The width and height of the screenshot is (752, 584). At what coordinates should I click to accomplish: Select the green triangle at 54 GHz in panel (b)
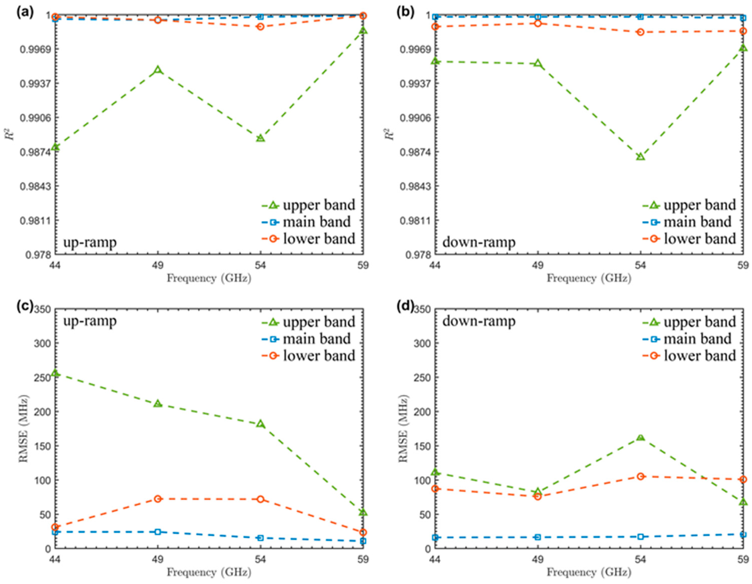point(640,157)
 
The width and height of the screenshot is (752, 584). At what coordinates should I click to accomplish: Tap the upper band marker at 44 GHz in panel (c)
point(55,373)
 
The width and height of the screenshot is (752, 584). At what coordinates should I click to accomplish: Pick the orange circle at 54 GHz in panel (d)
point(640,476)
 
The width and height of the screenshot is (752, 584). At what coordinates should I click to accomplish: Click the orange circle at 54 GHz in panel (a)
point(260,27)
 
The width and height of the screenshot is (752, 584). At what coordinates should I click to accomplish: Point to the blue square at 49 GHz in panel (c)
point(158,532)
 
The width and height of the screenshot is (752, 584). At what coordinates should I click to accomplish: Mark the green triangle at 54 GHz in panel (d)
point(640,438)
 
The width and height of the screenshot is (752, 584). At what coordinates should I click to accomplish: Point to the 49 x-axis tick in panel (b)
point(538,265)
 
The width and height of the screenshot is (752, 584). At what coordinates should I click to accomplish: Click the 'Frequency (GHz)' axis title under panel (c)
point(209,572)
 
